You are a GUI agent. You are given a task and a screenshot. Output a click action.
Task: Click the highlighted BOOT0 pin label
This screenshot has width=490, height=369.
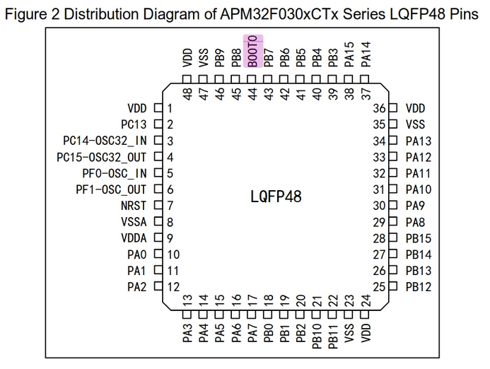253,51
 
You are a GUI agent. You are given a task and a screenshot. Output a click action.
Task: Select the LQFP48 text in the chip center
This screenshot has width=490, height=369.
276,197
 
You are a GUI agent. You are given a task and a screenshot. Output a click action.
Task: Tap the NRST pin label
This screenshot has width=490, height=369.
134,206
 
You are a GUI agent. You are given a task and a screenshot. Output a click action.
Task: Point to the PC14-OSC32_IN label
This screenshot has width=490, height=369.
105,141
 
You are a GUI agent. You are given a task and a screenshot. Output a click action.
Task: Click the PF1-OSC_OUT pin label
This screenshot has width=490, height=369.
111,189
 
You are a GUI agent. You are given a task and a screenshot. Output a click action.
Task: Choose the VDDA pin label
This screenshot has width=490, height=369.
134,238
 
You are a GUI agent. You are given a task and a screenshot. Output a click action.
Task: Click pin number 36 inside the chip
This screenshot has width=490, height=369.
379,108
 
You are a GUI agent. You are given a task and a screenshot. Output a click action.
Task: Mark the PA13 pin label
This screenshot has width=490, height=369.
419,141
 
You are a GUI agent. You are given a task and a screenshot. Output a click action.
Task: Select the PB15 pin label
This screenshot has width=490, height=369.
419,238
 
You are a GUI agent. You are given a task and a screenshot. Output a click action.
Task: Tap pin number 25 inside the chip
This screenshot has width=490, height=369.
379,287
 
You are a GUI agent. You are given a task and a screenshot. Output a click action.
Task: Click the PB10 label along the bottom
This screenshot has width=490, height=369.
317,336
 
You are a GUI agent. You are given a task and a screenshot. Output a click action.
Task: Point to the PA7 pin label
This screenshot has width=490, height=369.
252,333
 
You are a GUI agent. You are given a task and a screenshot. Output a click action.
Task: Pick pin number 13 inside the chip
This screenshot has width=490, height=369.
187,300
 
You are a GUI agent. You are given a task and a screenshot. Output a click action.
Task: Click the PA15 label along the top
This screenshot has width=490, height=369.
349,54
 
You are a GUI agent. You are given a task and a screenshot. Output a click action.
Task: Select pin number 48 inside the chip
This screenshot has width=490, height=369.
187,94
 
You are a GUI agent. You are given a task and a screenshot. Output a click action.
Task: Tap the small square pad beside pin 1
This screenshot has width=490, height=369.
158,108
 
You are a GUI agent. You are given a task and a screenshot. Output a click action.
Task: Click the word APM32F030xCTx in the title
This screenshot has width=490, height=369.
279,14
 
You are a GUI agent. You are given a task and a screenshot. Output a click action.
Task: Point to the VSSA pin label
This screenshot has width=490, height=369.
134,222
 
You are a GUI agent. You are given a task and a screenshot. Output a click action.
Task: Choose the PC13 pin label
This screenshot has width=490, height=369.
134,124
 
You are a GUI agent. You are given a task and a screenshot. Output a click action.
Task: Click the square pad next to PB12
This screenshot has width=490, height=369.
393,286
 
